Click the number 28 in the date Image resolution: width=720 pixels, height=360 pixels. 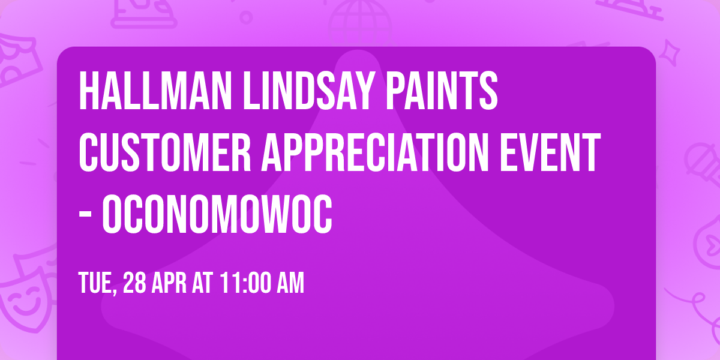135,283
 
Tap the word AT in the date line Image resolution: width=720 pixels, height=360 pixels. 204,283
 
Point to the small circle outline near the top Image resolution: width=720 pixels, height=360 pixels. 246,17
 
